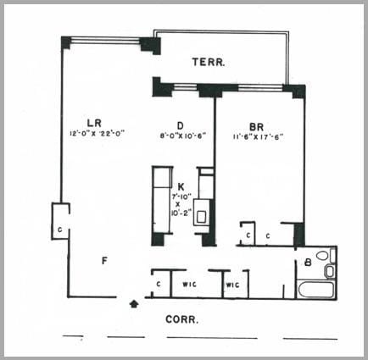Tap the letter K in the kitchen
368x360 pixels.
click(181, 186)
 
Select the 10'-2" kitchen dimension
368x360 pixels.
click(180, 215)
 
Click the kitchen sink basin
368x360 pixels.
click(202, 217)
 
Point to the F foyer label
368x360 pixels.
click(104, 261)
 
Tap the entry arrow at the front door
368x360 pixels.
click(132, 302)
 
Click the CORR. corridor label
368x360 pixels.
click(183, 320)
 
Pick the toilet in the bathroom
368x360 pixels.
click(330, 270)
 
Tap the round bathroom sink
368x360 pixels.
click(322, 255)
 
